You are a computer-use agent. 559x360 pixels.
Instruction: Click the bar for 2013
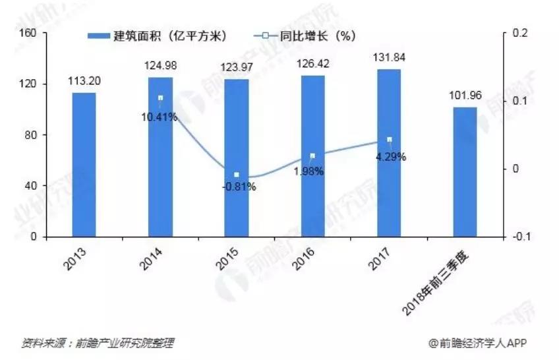pyautogui.click(x=83, y=165)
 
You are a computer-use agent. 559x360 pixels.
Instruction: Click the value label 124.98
pyautogui.click(x=160, y=65)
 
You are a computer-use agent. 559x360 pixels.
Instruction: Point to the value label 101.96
pyautogui.click(x=465, y=95)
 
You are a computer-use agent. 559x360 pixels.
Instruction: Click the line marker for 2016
pyautogui.click(x=312, y=156)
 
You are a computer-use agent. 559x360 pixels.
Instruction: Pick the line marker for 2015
pyautogui.click(x=236, y=175)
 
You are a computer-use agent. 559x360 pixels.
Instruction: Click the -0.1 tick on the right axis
pyautogui.click(x=519, y=237)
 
